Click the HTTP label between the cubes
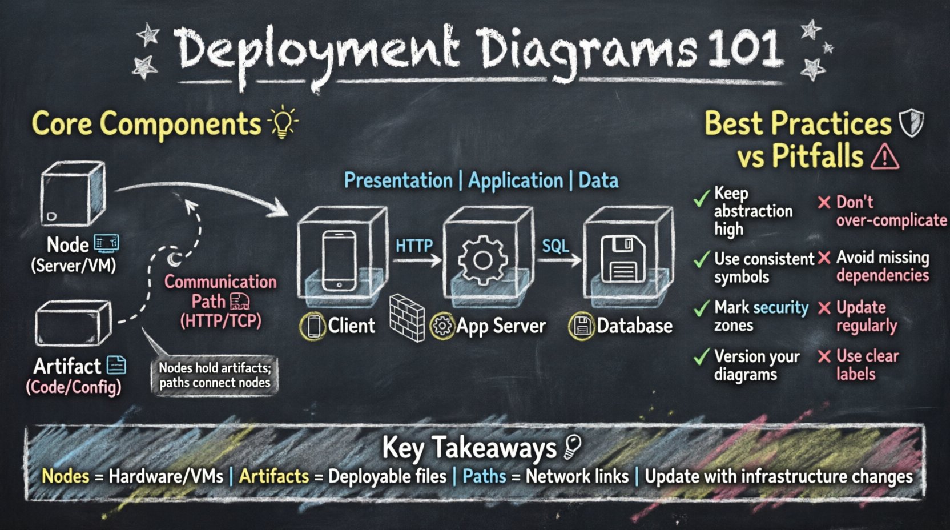[x=414, y=246]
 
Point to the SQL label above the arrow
[x=555, y=246]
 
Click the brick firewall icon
[x=407, y=318]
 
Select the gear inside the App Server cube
[x=483, y=260]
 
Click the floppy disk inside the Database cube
[x=623, y=260]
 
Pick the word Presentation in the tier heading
[x=398, y=180]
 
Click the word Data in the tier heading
[x=598, y=180]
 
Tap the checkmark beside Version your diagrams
[x=701, y=358]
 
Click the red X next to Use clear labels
[x=824, y=357]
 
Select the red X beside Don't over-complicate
[x=823, y=202]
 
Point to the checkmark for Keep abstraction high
[x=701, y=199]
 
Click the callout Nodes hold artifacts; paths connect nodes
[x=215, y=375]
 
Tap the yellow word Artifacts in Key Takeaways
[x=274, y=476]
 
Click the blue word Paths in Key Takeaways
[x=484, y=476]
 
